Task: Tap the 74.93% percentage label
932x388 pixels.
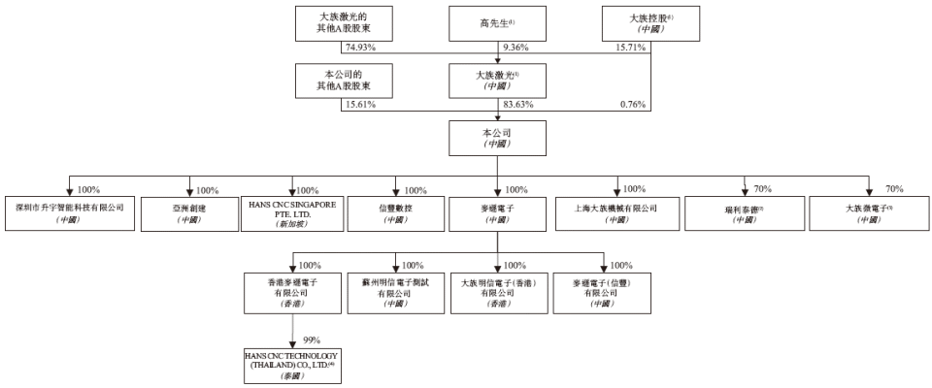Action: click(360, 47)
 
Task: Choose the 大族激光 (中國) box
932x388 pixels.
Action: click(496, 80)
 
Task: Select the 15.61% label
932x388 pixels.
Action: click(360, 105)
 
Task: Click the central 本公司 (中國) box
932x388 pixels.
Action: click(496, 138)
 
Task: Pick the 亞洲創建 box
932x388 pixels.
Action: click(189, 213)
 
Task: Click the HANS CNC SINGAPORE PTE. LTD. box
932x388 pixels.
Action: click(293, 213)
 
